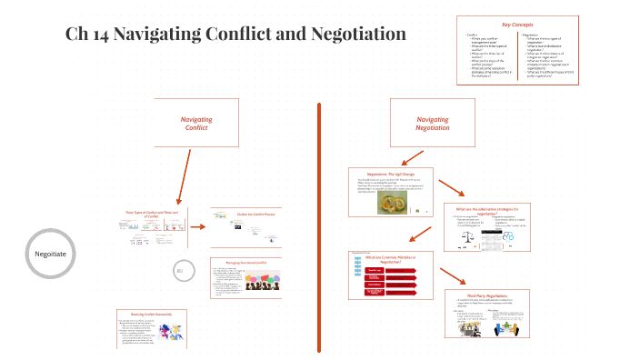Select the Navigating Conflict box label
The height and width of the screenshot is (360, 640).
(x=196, y=124)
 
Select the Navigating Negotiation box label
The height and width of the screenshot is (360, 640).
(x=432, y=124)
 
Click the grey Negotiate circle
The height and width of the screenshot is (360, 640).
(x=49, y=254)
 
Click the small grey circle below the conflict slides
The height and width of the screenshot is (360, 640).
(x=180, y=270)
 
